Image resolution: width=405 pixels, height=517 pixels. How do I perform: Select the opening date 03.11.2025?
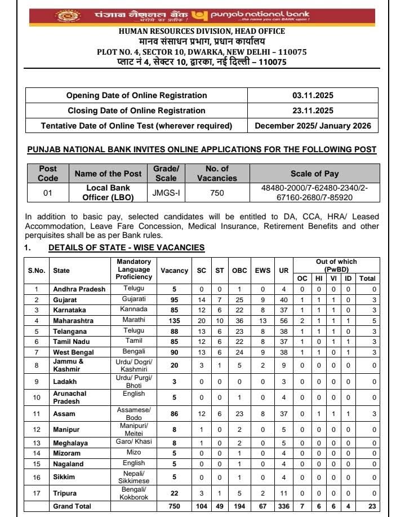tap(313, 95)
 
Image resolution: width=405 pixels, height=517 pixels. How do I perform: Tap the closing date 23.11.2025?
tap(313, 111)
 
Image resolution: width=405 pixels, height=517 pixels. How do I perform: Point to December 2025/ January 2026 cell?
tap(313, 126)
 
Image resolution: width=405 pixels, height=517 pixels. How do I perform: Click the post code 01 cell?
tap(48, 193)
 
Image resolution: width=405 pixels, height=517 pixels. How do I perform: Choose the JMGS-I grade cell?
tap(166, 193)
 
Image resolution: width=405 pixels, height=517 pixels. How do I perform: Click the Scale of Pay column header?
tap(314, 174)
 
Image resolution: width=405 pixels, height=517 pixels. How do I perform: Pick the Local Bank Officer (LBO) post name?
tap(109, 193)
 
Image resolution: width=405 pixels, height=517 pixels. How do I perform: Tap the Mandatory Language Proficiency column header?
tap(134, 269)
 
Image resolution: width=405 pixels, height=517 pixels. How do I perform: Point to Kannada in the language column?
tap(134, 310)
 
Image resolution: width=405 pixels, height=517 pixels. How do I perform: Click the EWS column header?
tap(262, 271)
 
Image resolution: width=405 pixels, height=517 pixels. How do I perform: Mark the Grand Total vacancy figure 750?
tap(174, 506)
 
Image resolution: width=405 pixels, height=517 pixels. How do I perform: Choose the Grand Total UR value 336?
tap(283, 506)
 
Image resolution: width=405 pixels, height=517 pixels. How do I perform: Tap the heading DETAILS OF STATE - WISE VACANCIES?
tap(126, 248)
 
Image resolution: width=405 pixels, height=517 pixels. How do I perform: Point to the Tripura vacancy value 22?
tap(174, 493)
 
